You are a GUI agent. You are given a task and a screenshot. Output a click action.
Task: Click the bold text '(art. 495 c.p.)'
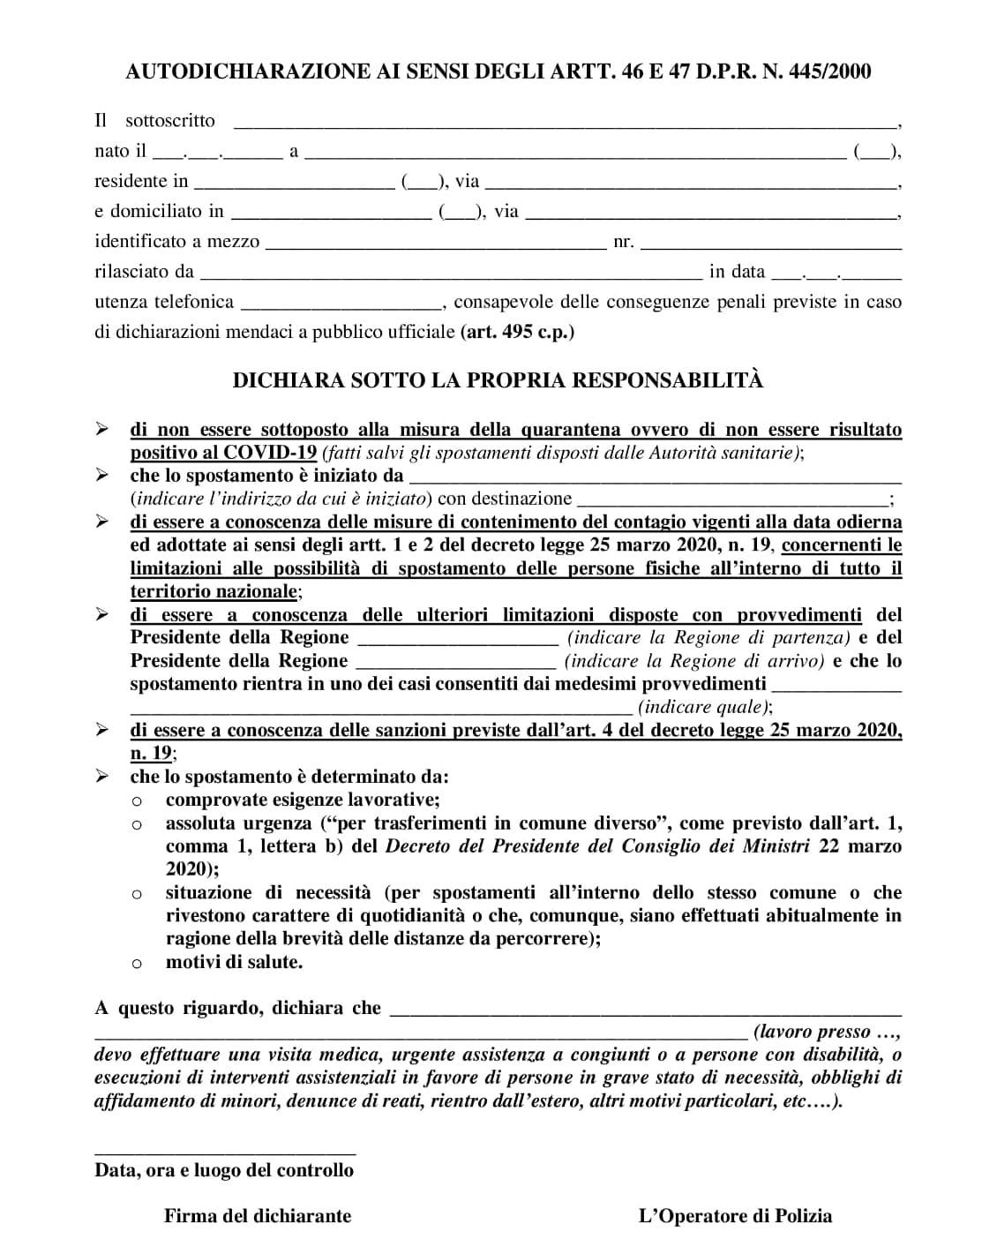click(517, 333)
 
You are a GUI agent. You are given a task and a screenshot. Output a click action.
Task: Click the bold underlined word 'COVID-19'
click(271, 453)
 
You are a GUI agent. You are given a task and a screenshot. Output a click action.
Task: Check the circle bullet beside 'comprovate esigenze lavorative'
click(137, 801)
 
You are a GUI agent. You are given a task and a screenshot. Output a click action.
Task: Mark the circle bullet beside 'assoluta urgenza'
click(137, 825)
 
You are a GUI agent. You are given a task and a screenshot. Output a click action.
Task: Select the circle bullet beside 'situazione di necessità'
click(137, 894)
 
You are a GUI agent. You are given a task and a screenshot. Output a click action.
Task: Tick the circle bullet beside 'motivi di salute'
click(137, 964)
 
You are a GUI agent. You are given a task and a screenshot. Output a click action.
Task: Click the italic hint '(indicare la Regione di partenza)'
click(708, 637)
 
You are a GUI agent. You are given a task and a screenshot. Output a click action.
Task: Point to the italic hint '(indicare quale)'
click(705, 707)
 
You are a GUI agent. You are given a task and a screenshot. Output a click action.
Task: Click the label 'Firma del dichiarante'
click(258, 1216)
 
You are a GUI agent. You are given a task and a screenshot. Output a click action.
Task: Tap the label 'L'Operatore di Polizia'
click(735, 1216)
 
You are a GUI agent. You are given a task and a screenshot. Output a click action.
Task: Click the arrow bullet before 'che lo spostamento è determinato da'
click(102, 777)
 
